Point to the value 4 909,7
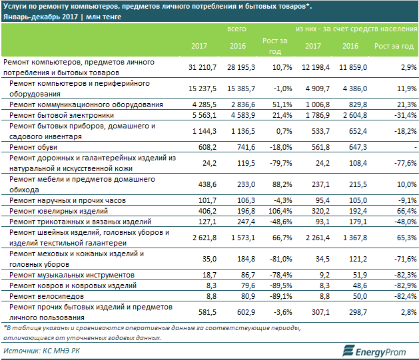tap(318, 89)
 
